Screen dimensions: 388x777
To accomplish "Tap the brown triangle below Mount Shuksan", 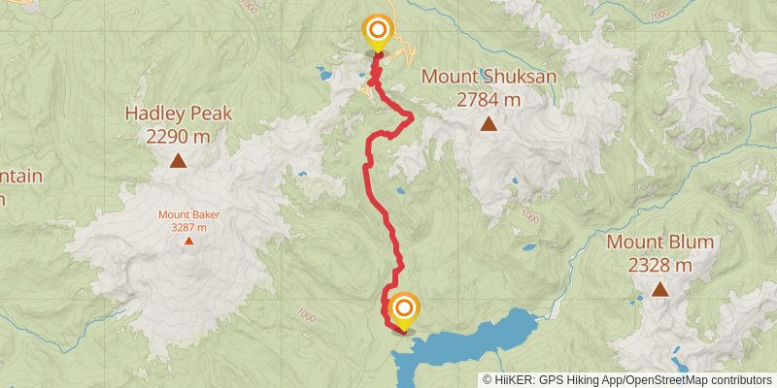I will [489, 123].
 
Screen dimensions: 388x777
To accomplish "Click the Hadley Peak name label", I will [179, 113].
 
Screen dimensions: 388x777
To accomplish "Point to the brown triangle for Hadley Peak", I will [178, 160].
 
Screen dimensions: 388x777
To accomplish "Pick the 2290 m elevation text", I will [179, 137].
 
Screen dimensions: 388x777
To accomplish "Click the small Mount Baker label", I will [188, 214].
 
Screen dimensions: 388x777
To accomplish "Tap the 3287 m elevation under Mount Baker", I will [188, 227].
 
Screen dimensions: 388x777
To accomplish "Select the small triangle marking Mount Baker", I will [188, 241].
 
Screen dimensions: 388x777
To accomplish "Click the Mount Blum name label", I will [660, 242].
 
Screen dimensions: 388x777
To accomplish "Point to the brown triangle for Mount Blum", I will [660, 288].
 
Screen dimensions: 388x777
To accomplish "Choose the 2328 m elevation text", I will [660, 265].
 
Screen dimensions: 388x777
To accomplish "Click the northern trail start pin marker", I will [377, 31].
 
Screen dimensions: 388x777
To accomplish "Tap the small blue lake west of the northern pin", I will [323, 73].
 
